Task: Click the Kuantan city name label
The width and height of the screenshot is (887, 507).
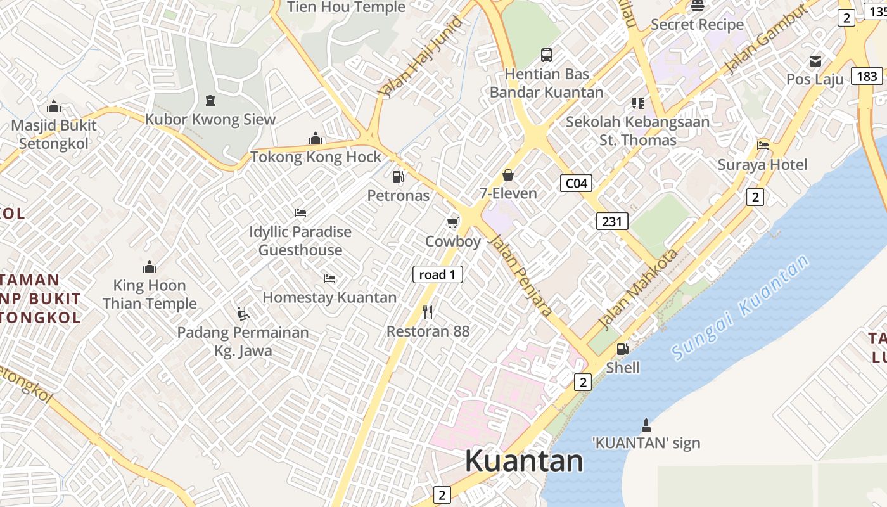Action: (x=524, y=461)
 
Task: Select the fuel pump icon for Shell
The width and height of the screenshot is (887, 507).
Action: (x=623, y=349)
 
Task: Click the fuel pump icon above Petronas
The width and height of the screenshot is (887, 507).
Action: (x=398, y=177)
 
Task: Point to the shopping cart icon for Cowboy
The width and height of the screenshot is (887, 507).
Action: (x=452, y=222)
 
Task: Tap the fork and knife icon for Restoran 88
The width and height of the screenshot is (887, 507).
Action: (x=428, y=312)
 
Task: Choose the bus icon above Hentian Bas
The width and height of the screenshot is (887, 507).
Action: (x=546, y=55)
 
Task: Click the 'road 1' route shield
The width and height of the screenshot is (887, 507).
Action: (x=437, y=274)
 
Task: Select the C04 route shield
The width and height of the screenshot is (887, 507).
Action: (x=576, y=184)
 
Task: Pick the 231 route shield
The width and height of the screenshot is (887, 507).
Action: (x=611, y=221)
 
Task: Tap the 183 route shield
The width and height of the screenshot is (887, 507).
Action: (x=866, y=77)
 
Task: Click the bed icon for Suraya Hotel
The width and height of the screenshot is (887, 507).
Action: (x=763, y=145)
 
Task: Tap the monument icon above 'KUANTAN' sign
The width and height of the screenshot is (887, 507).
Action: (x=646, y=424)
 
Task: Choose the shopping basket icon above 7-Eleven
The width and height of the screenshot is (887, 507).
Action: (x=507, y=175)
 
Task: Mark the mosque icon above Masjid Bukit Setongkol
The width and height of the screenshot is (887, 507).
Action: (x=54, y=106)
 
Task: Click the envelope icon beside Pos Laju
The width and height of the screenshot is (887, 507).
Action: (x=815, y=61)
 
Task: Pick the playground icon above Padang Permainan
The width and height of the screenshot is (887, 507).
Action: (x=243, y=313)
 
